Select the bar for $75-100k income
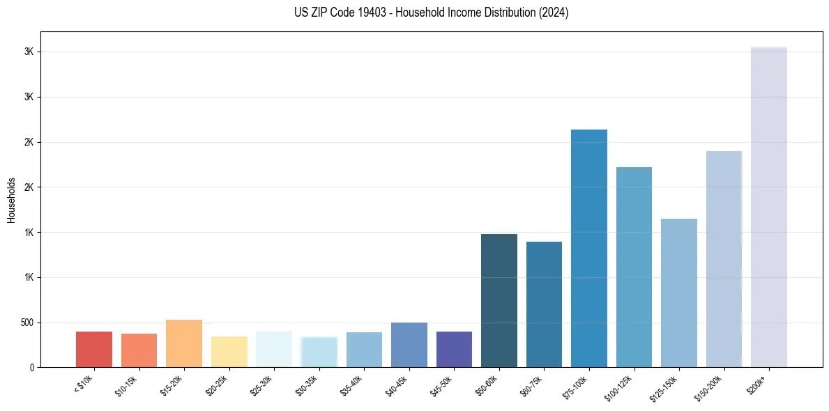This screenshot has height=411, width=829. coord(589,248)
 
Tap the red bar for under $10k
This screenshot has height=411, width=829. coord(94,349)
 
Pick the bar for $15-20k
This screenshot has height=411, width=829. coord(184,343)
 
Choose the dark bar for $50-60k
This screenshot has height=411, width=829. coord(499,300)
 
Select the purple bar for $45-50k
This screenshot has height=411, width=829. coord(454,349)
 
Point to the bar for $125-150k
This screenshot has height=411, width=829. coord(679,293)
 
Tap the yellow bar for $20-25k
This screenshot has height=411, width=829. coord(229,352)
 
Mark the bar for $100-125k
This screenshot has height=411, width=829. coord(634,267)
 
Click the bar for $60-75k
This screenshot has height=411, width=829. coord(544,304)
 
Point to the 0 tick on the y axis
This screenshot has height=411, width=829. coord(32,367)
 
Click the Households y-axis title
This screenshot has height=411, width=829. coord(11,199)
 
